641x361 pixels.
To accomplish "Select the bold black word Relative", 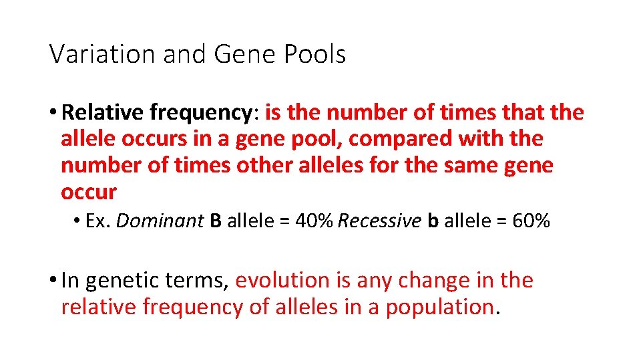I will pyautogui.click(x=103, y=113).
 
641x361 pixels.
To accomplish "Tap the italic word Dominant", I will pyautogui.click(x=160, y=221).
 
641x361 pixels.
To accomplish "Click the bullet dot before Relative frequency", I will pyautogui.click(x=53, y=113).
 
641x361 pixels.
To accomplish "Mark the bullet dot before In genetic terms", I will pyautogui.click(x=53, y=280).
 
